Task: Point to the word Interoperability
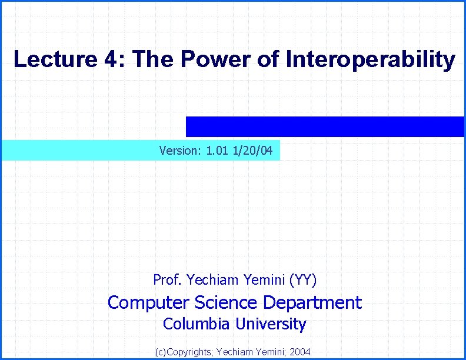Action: (x=370, y=59)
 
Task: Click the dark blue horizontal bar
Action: (x=325, y=126)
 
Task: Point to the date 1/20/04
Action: (x=253, y=151)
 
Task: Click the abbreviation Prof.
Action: (x=166, y=279)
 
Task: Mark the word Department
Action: (x=312, y=303)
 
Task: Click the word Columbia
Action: (x=197, y=324)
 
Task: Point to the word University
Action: (x=271, y=324)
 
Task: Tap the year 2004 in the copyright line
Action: (x=300, y=352)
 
